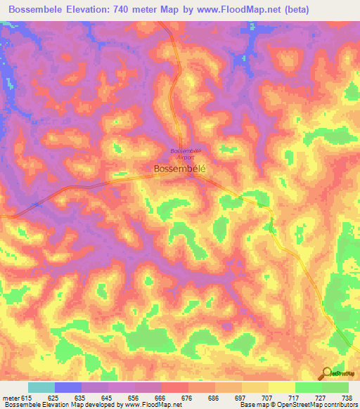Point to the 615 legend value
(x=25, y=398)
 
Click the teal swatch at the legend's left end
(x=41, y=388)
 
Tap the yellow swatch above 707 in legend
(x=255, y=388)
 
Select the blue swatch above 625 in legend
(x=68, y=388)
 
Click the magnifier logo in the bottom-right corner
(x=327, y=374)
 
